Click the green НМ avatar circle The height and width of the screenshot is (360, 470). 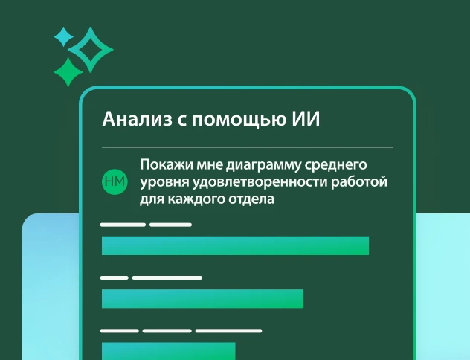coord(115,181)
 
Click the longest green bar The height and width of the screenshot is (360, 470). coord(235,245)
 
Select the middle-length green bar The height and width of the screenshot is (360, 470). coord(202,298)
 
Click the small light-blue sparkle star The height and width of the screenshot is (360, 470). coord(64,36)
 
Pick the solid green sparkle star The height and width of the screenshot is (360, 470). coord(68,72)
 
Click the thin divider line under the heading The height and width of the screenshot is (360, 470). coord(246,147)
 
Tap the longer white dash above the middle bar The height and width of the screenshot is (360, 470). coord(167,277)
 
